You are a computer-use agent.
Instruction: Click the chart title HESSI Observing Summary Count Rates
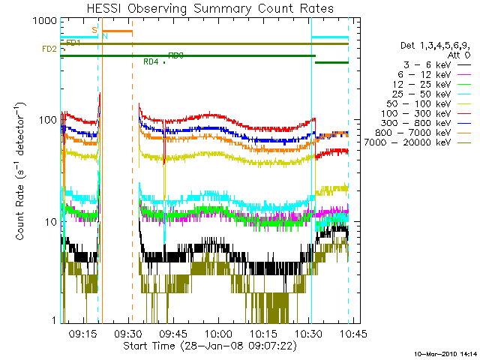click(205, 8)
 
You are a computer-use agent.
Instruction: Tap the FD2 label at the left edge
click(48, 49)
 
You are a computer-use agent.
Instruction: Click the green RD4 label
click(151, 61)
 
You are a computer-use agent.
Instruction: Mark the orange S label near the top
click(94, 30)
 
